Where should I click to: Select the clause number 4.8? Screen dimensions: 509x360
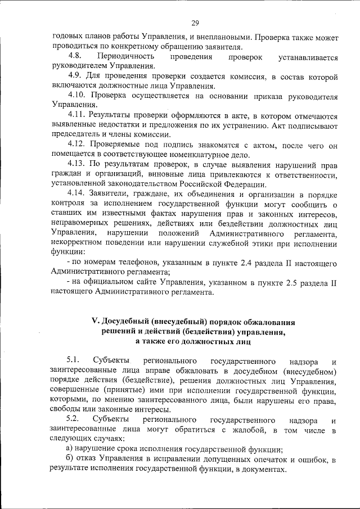(x=75, y=57)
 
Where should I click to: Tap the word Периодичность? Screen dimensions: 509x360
(x=125, y=57)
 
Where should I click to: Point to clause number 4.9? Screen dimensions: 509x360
(x=75, y=76)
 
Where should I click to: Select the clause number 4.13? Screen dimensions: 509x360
(x=78, y=164)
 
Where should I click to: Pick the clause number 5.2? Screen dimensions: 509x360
(x=74, y=419)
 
